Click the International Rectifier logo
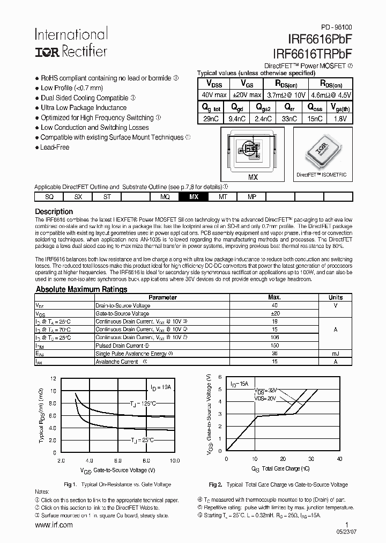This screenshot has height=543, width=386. click(x=71, y=42)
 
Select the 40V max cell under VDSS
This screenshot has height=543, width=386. click(x=213, y=95)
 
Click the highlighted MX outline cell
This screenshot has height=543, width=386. click(x=194, y=197)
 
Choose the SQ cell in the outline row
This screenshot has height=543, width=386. click(x=49, y=197)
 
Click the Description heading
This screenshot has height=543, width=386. click(x=54, y=211)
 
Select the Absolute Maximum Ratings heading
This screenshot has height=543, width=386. click(x=81, y=289)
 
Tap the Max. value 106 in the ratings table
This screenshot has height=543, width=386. click(x=274, y=337)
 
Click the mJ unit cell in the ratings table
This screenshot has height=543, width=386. click(x=336, y=354)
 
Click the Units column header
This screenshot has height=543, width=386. click(x=336, y=297)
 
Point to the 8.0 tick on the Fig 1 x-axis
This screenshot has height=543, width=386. click(x=146, y=460)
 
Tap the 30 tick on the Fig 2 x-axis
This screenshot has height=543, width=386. click(x=311, y=459)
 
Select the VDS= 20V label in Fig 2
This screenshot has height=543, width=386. click(x=266, y=399)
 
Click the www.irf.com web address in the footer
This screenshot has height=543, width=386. click(x=54, y=525)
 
